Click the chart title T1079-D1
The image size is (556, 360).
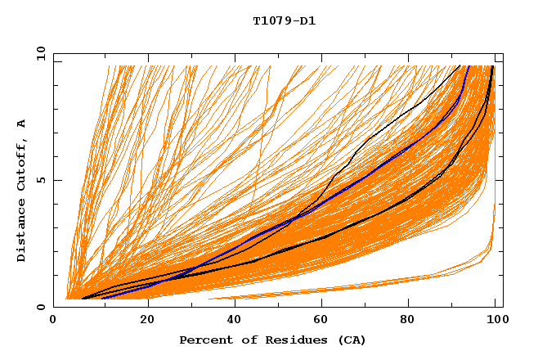click(x=284, y=21)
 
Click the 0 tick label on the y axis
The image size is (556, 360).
click(x=41, y=307)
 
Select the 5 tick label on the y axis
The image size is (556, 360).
click(x=41, y=180)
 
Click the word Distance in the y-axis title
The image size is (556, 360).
click(x=21, y=231)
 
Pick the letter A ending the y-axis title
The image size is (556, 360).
click(x=21, y=124)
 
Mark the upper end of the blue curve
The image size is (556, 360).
click(x=469, y=66)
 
